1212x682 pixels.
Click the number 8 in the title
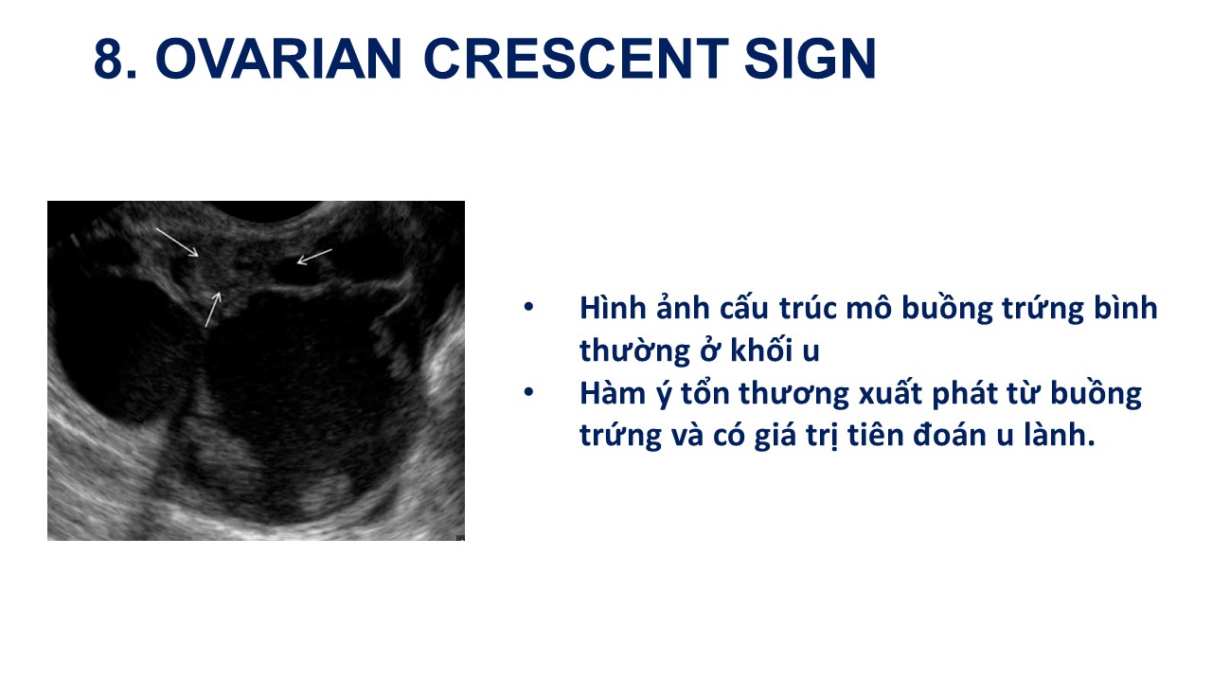[110, 59]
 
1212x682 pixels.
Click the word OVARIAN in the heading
[278, 59]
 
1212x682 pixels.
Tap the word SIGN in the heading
[810, 59]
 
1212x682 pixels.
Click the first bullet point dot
[528, 307]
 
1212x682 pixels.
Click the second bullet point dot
[528, 392]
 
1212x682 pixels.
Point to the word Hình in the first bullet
[613, 308]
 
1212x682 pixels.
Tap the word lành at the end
[1060, 435]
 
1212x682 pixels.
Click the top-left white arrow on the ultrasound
[177, 242]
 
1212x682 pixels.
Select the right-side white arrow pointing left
[314, 257]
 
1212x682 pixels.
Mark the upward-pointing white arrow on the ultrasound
[213, 310]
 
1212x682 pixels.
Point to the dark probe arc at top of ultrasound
[266, 211]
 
